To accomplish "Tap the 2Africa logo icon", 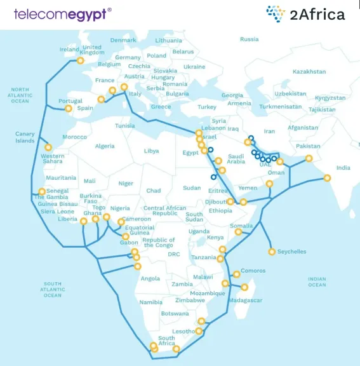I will coord(276,13).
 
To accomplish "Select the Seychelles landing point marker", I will coord(272,252).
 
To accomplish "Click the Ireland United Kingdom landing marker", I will coord(80,61).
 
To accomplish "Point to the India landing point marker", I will coord(327,178).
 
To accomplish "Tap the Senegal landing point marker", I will coord(42,191).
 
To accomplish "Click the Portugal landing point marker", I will coord(69,109).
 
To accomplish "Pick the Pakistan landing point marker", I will coord(309,159).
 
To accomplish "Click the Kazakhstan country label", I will coord(309,72).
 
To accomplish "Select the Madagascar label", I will coord(246,300).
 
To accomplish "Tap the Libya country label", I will coord(151,151).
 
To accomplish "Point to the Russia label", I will coord(249,39).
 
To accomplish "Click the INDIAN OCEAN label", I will coord(317,281).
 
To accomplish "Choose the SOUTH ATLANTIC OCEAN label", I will coord(53,289).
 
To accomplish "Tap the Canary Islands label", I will coord(25,137).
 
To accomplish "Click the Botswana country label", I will coord(175,313).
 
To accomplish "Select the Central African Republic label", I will coord(164,211).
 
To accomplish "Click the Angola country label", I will coord(150,278).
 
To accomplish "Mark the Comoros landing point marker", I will coord(236,274).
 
